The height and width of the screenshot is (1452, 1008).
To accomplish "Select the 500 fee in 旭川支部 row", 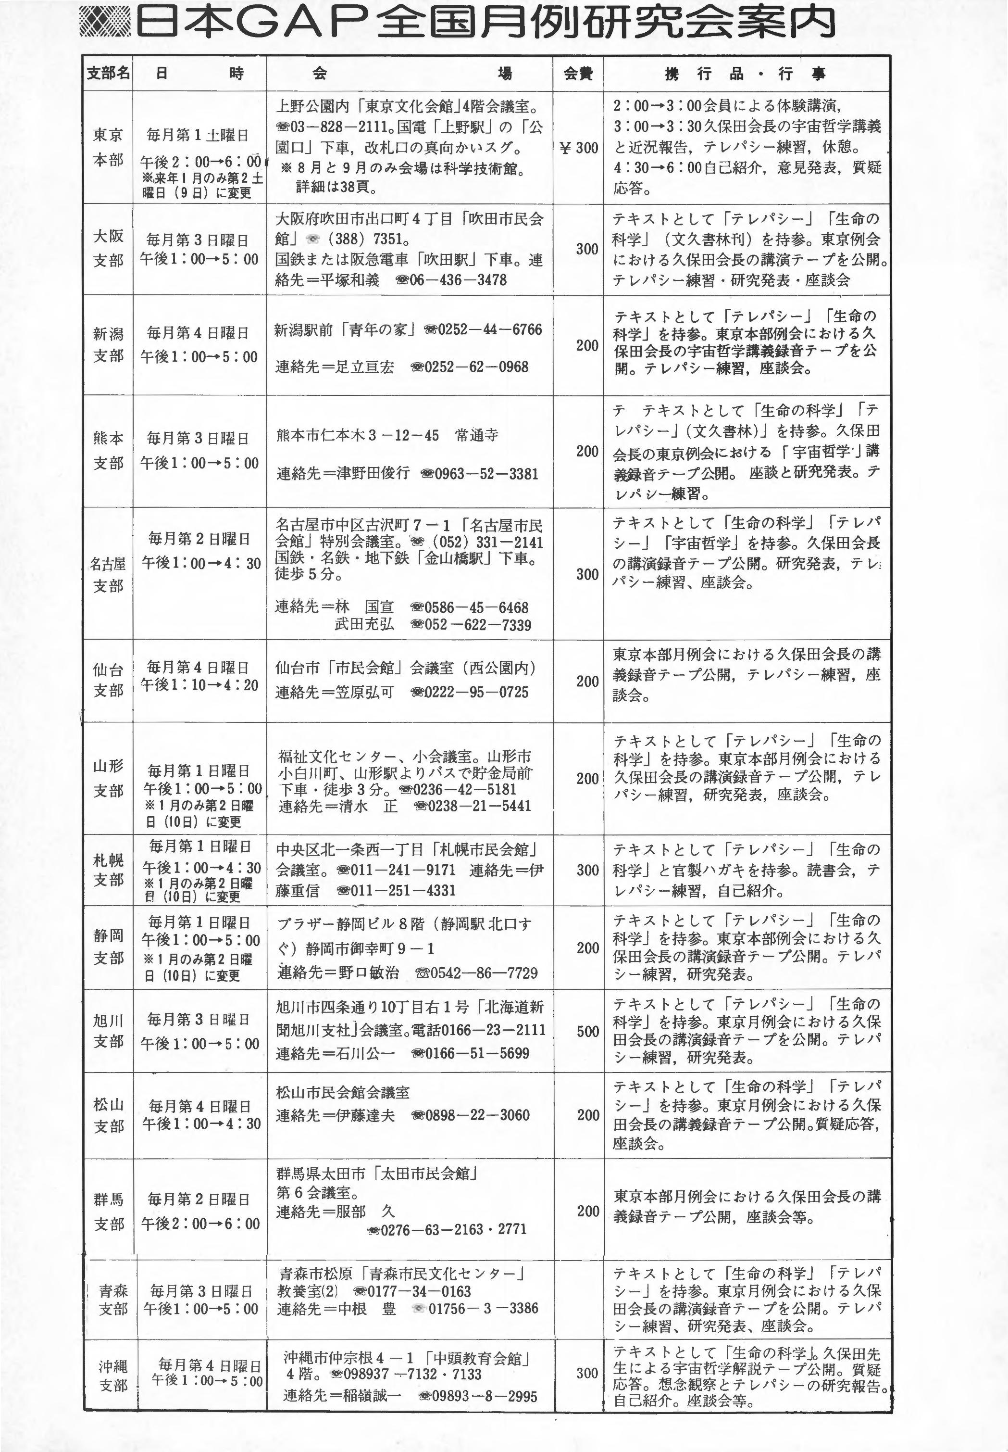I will point(587,1031).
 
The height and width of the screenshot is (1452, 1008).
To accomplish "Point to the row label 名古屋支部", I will point(108,574).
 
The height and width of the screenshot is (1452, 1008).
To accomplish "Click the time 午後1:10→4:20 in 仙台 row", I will point(199,685).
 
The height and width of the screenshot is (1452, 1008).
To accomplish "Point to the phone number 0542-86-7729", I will point(483,973).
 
